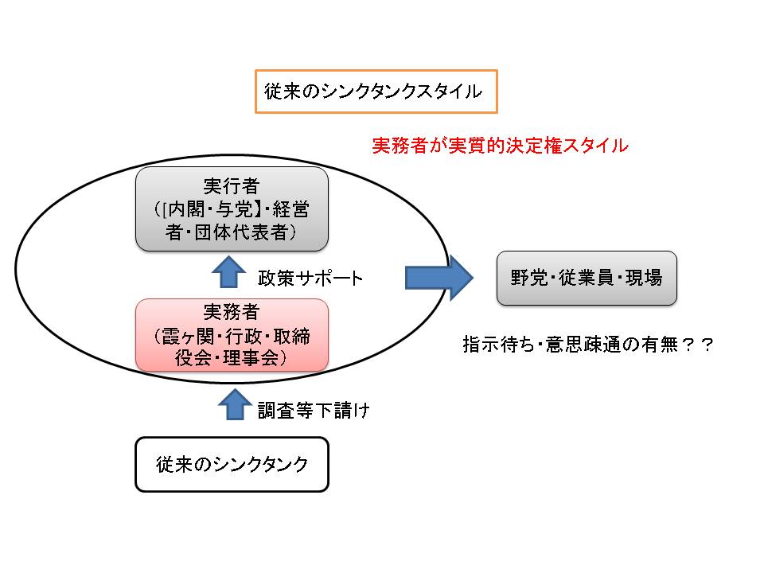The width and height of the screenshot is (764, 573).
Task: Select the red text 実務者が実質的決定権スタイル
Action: coord(501,146)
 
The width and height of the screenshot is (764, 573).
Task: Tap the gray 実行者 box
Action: coord(232,209)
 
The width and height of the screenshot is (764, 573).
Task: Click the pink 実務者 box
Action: coord(232,335)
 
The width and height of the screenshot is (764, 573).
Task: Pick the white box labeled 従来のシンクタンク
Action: coord(232,464)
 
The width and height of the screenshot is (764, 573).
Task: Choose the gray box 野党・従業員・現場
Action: coord(587,279)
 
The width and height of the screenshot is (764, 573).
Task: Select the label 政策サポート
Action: coord(310,279)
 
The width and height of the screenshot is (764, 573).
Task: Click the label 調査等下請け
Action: coord(313,411)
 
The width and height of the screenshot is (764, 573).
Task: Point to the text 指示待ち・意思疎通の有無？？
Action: coord(587,345)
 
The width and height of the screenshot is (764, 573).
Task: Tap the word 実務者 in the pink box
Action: coord(232,312)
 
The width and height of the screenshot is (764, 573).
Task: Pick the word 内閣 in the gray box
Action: coord(184,209)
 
